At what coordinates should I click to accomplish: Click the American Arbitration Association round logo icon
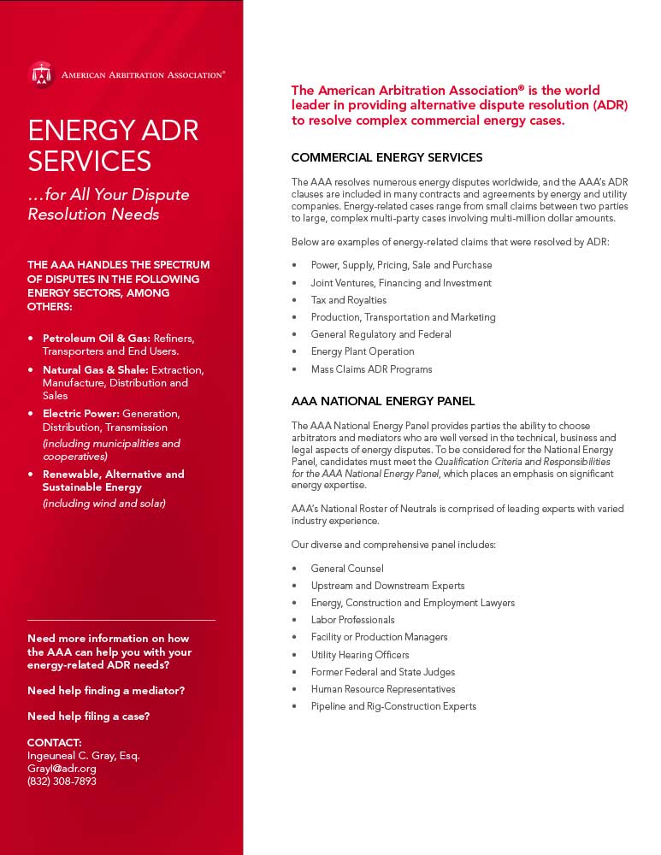[x=40, y=74]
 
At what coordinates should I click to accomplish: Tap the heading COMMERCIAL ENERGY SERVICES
[x=387, y=157]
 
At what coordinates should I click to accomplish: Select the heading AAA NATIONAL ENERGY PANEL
[x=382, y=401]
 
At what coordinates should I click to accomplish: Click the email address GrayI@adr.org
[x=62, y=769]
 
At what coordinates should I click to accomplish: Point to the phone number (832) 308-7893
[x=62, y=781]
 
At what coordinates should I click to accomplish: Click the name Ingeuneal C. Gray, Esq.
[x=83, y=756]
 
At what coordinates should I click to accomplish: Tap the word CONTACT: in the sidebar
[x=55, y=742]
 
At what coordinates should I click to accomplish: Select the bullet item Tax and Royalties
[x=348, y=300]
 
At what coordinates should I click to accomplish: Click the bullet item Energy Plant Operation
[x=362, y=351]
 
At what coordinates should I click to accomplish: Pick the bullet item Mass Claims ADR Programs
[x=371, y=369]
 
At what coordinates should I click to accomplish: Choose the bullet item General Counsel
[x=346, y=569]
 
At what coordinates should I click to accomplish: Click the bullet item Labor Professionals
[x=352, y=620]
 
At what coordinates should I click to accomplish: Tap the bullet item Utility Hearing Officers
[x=360, y=655]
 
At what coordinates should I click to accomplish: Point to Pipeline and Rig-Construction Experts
[x=393, y=706]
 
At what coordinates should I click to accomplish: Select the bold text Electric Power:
[x=81, y=414]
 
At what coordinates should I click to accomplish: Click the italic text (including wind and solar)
[x=103, y=504]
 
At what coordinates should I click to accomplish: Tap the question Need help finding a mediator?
[x=106, y=691]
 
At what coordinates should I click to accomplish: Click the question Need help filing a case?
[x=88, y=716]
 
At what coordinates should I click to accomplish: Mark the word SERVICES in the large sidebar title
[x=90, y=161]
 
